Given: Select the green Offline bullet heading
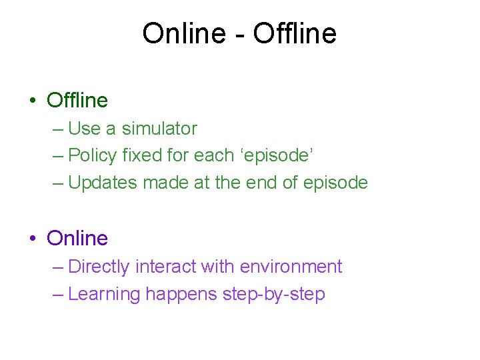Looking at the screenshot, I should click(x=77, y=101).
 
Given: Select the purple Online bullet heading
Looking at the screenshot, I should click(x=77, y=238).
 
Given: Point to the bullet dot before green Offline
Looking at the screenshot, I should click(x=33, y=101).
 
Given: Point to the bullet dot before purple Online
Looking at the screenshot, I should click(x=33, y=239).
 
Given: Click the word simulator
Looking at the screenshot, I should click(x=159, y=128).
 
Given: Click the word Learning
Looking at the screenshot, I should click(x=104, y=294).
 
